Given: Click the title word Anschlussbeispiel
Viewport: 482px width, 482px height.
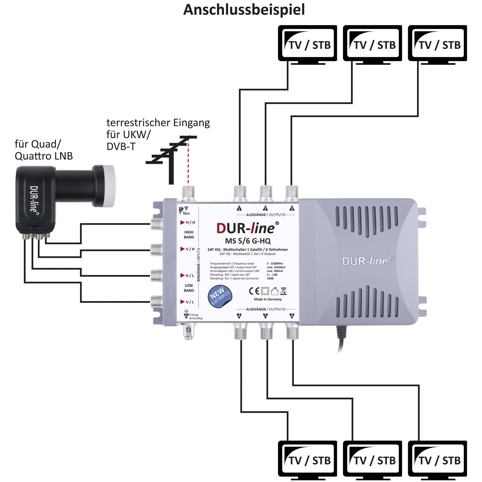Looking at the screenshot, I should pyautogui.click(x=244, y=10).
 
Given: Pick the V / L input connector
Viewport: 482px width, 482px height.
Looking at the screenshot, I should pyautogui.click(x=156, y=301).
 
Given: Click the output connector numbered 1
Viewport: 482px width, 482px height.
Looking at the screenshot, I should pyautogui.click(x=239, y=193).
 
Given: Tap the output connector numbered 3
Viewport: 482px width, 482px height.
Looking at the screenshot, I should pyautogui.click(x=291, y=193).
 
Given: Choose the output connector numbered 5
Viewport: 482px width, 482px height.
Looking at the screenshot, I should pyautogui.click(x=266, y=331).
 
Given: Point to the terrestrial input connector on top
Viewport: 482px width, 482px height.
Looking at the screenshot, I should pyautogui.click(x=188, y=193).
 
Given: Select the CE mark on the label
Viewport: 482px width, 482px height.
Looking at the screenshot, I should pyautogui.click(x=254, y=291).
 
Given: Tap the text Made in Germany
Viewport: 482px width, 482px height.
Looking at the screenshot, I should pyautogui.click(x=268, y=299).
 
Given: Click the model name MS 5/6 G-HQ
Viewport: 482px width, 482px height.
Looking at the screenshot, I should pyautogui.click(x=247, y=241).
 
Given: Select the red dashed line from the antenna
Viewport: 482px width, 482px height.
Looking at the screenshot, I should pyautogui.click(x=189, y=162).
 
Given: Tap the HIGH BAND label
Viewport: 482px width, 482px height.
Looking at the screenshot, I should pyautogui.click(x=189, y=235).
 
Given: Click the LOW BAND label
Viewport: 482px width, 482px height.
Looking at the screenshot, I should pyautogui.click(x=189, y=288).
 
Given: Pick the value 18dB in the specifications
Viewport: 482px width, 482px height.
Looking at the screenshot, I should pyautogui.click(x=270, y=279).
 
